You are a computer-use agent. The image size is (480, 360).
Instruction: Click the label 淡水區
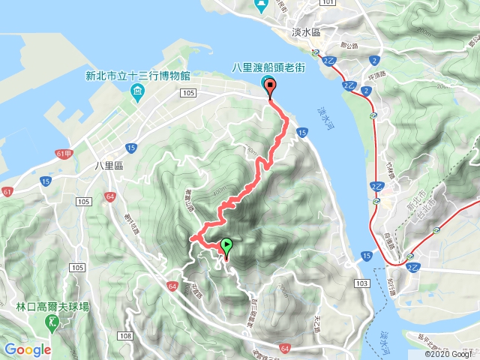[x=305, y=32]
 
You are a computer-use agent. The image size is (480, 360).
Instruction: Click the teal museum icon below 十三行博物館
[x=137, y=92]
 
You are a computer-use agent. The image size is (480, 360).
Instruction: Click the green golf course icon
[x=51, y=322]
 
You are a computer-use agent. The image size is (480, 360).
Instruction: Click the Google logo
[x=28, y=349]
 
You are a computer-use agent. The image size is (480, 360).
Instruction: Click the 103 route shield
[x=362, y=283]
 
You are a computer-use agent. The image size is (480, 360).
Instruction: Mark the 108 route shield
[x=124, y=334]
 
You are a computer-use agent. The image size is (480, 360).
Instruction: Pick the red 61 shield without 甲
[x=7, y=193]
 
